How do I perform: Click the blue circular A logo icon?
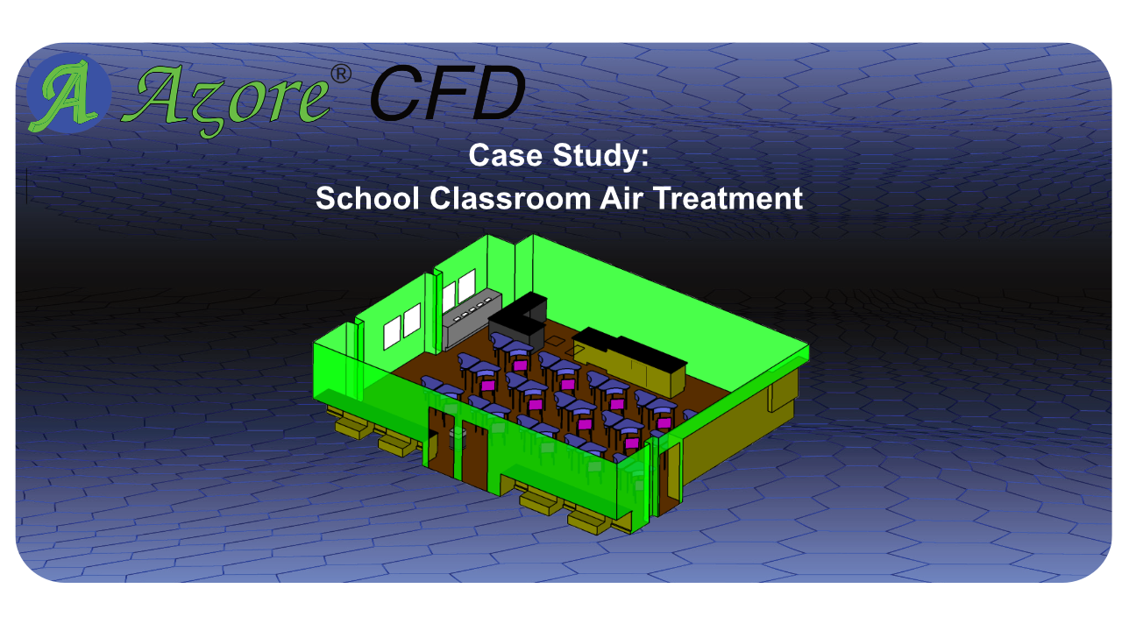point(68,93)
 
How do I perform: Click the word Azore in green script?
point(225,100)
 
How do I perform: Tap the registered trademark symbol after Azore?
point(341,74)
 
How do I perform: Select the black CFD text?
point(448,93)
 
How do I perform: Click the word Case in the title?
point(506,155)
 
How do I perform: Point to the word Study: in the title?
point(600,156)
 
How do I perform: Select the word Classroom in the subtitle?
point(510,198)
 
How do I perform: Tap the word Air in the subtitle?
point(621,198)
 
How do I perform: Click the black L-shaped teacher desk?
point(519,318)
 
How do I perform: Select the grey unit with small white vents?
point(471,318)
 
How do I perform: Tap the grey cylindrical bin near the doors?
point(458,439)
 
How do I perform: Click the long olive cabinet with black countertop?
point(629,359)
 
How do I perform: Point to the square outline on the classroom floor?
point(555,341)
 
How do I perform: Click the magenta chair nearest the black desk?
point(520,365)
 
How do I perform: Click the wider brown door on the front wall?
point(474,455)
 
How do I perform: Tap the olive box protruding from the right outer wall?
point(781,396)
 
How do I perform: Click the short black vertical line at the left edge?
point(26,185)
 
